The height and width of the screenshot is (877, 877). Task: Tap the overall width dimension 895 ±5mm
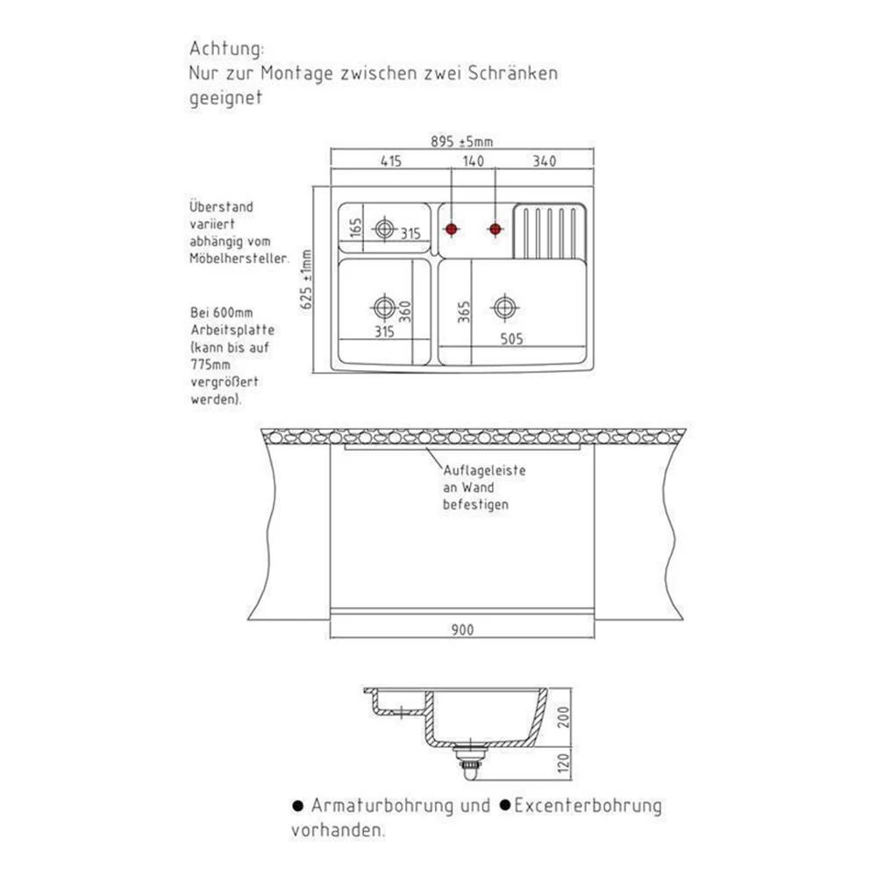pyautogui.click(x=462, y=142)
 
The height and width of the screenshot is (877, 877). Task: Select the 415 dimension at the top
pyautogui.click(x=390, y=161)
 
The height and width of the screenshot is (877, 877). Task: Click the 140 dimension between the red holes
pyautogui.click(x=473, y=161)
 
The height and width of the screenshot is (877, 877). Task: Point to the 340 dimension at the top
pyautogui.click(x=545, y=161)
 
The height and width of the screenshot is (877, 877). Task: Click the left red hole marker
pyautogui.click(x=452, y=230)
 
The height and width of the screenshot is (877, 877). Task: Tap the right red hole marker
pyautogui.click(x=496, y=230)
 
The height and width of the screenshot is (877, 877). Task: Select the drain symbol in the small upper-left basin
pyautogui.click(x=384, y=229)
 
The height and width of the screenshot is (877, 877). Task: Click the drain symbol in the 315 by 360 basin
pyautogui.click(x=383, y=308)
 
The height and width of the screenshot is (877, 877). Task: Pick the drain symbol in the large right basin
pyautogui.click(x=503, y=308)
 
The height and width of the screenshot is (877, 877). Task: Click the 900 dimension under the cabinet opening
pyautogui.click(x=462, y=630)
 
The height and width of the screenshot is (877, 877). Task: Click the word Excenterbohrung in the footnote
pyautogui.click(x=588, y=805)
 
